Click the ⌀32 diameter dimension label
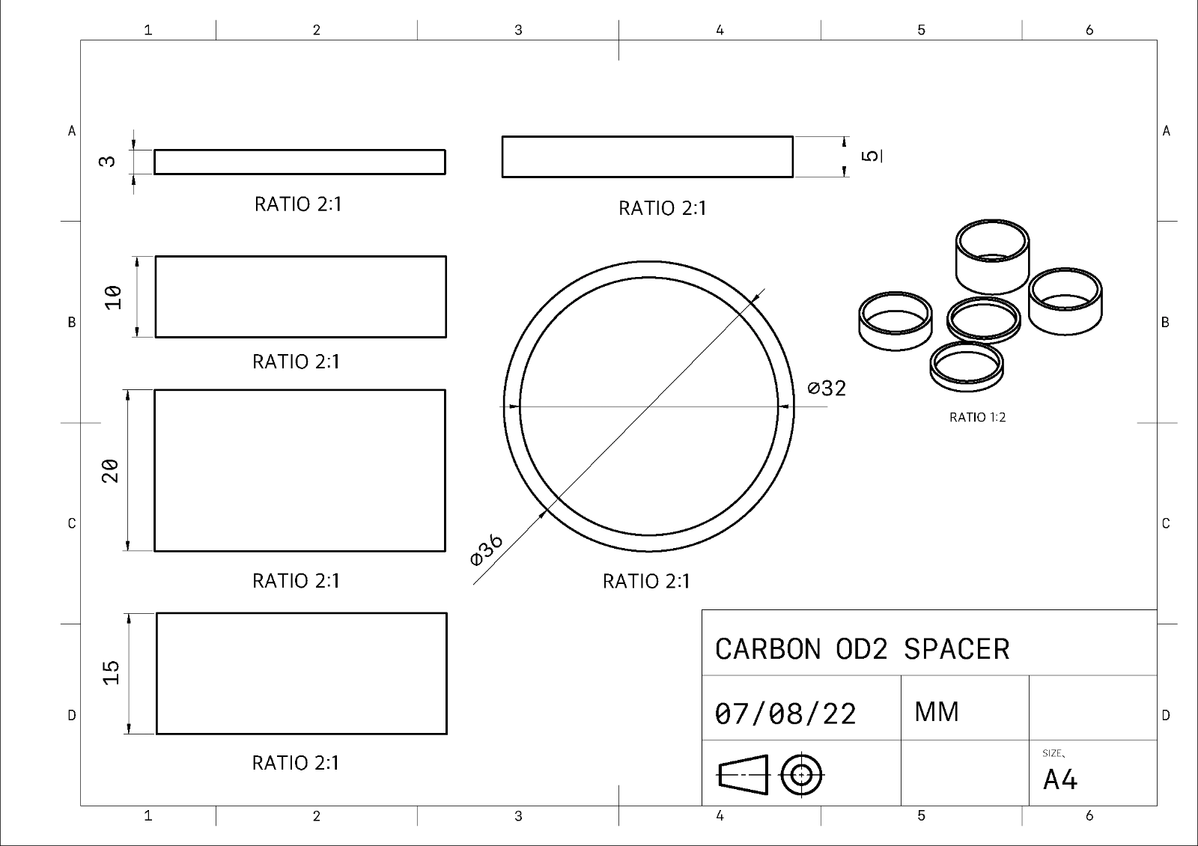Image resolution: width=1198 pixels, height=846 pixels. pyautogui.click(x=827, y=388)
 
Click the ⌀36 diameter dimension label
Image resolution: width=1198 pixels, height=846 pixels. pyautogui.click(x=487, y=550)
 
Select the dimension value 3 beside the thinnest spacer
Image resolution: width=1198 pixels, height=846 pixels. pyautogui.click(x=108, y=161)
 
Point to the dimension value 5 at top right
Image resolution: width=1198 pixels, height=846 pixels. pyautogui.click(x=871, y=156)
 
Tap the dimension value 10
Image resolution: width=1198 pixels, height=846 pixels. pyautogui.click(x=112, y=297)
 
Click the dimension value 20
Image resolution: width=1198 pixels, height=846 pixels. pyautogui.click(x=110, y=471)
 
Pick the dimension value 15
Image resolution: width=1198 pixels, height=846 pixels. pyautogui.click(x=111, y=672)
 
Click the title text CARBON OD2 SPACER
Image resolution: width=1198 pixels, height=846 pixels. pyautogui.click(x=862, y=649)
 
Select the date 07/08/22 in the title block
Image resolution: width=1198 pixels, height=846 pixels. pyautogui.click(x=785, y=714)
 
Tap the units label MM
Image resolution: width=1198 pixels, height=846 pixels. pyautogui.click(x=936, y=712)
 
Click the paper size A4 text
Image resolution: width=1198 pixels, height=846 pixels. pyautogui.click(x=1059, y=780)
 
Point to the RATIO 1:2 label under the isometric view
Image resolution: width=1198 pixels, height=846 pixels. pyautogui.click(x=977, y=418)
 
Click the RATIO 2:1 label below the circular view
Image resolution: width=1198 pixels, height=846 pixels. pyautogui.click(x=646, y=581)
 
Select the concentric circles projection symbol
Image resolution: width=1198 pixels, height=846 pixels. pyautogui.click(x=801, y=774)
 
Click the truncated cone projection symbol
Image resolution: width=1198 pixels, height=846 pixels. pyautogui.click(x=744, y=774)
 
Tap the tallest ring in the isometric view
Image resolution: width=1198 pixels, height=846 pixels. pyautogui.click(x=992, y=257)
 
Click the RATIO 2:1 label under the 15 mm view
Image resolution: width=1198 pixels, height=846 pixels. pyautogui.click(x=295, y=763)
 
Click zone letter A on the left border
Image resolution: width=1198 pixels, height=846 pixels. pyautogui.click(x=72, y=131)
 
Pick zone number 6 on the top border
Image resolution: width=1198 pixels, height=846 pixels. pyautogui.click(x=1089, y=30)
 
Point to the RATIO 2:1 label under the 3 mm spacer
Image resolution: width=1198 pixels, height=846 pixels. pyautogui.click(x=298, y=204)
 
